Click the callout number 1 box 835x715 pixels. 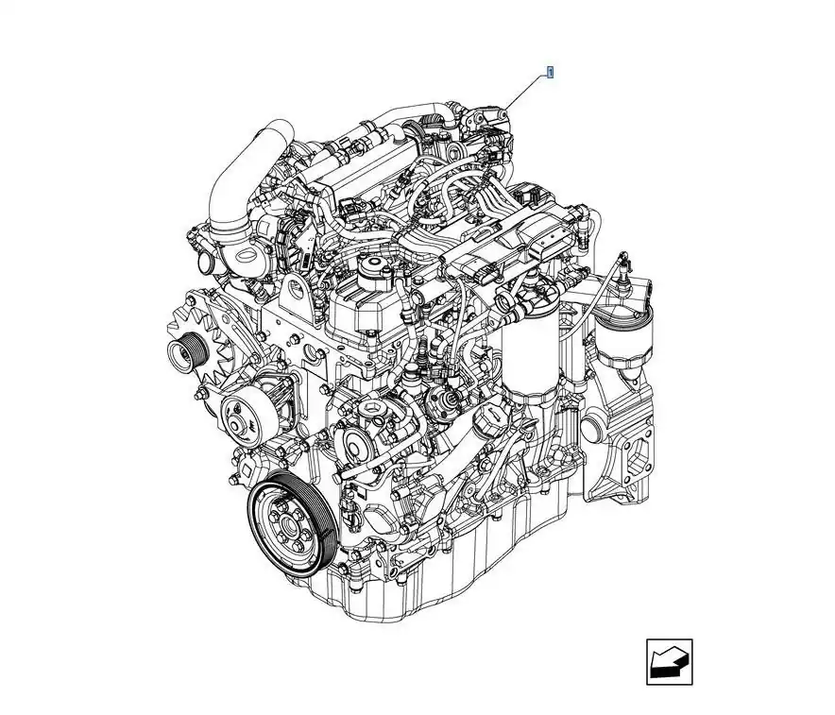point(550,72)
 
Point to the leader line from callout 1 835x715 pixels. point(524,93)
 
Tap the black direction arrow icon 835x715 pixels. point(670,662)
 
